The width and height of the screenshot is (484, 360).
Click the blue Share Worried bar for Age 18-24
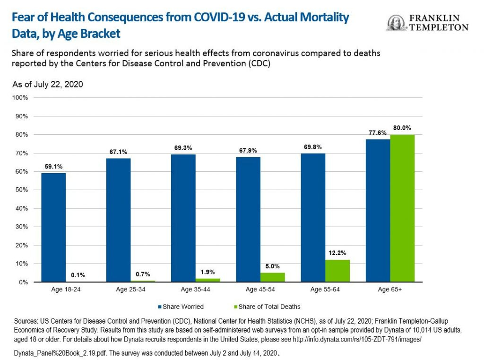tap(53, 228)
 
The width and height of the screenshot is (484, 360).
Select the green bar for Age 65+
tap(402, 208)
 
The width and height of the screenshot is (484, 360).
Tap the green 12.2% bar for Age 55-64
tap(337, 271)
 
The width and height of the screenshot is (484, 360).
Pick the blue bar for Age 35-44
tap(183, 218)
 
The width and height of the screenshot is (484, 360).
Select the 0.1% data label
tap(78, 275)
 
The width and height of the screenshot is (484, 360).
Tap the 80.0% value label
tap(402, 128)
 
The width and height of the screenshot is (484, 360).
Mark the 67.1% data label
tap(119, 151)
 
